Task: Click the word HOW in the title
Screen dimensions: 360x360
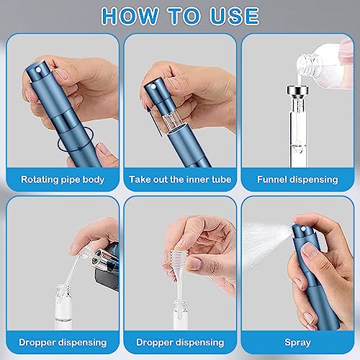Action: tap(130, 16)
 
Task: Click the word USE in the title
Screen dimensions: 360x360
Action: tap(235, 16)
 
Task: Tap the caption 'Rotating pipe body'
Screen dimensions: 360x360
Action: tap(63, 180)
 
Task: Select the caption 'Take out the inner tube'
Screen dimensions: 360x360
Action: tap(180, 179)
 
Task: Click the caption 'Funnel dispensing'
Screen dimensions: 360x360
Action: tap(297, 180)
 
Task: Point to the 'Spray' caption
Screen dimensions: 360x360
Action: tap(297, 343)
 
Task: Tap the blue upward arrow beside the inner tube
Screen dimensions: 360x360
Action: tap(153, 121)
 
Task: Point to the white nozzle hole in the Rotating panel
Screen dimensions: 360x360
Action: tap(38, 71)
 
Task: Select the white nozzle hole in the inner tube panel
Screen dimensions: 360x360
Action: tap(153, 86)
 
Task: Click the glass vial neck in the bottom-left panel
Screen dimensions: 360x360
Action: tap(63, 290)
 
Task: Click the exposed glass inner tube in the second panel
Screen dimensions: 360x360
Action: tap(172, 121)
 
